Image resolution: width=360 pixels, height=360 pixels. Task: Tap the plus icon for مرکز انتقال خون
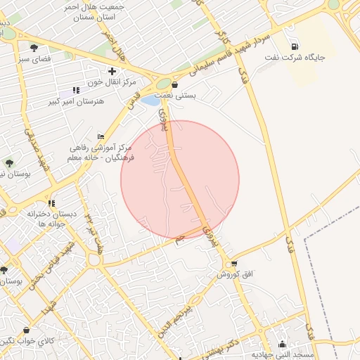click(x=112, y=71)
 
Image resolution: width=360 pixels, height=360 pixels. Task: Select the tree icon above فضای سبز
click(x=34, y=48)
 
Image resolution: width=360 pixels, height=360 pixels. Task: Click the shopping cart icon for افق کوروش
click(x=234, y=263)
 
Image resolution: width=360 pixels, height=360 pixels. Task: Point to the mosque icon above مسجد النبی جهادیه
click(x=282, y=344)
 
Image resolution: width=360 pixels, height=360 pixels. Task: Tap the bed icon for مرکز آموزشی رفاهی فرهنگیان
click(x=101, y=136)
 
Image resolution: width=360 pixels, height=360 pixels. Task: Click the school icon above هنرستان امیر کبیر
click(x=75, y=91)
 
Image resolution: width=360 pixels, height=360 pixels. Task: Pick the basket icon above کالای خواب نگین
click(x=26, y=329)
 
